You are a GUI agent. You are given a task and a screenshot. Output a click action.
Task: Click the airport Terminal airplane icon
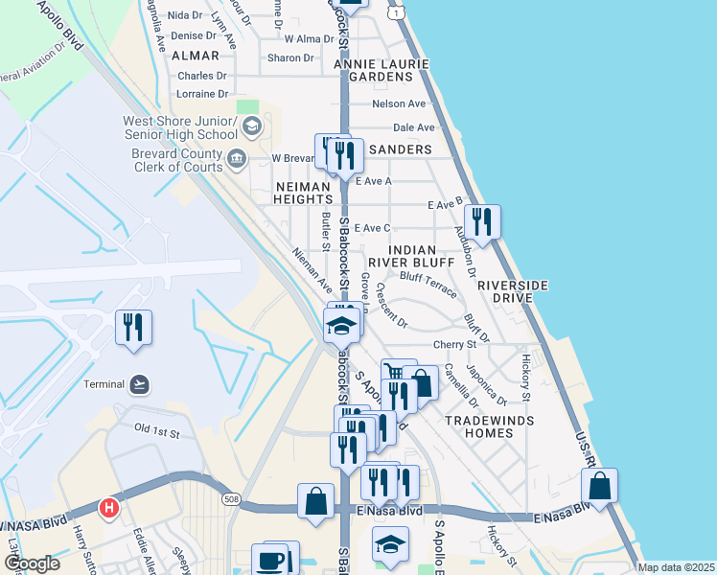point(140,384)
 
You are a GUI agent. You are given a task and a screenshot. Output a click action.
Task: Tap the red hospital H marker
point(109,507)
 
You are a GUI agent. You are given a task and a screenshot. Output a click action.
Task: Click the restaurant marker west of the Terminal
point(133,327)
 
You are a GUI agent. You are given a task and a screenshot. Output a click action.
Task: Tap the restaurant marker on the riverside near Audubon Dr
point(481,222)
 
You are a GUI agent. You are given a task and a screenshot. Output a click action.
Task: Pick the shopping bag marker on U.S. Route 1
point(599,486)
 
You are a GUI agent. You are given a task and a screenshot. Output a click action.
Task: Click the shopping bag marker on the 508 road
point(315,500)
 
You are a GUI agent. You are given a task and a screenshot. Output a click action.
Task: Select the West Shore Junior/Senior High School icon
point(251,126)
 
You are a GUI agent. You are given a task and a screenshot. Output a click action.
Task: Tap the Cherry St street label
point(454,344)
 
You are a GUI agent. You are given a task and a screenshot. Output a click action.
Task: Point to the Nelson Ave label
point(399,103)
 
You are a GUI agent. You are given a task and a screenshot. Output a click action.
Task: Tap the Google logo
point(32,563)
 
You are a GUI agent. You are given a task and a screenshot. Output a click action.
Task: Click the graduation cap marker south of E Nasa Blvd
point(389,544)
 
